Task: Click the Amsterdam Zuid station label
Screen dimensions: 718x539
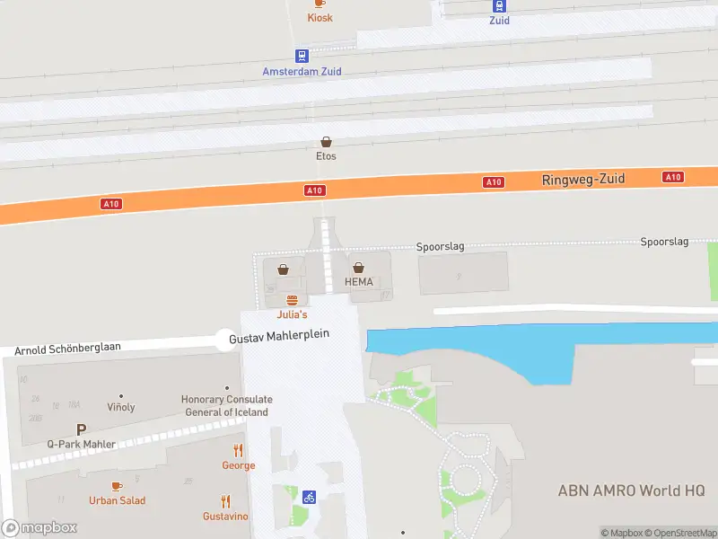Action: click(x=302, y=72)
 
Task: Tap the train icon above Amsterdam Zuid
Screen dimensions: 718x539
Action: click(x=302, y=56)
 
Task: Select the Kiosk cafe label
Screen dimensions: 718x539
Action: click(x=320, y=18)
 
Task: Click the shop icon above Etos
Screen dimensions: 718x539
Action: click(x=326, y=142)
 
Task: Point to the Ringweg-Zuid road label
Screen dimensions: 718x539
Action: click(x=582, y=180)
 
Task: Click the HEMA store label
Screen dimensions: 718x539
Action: click(x=358, y=282)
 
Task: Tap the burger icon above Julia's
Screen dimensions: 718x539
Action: click(x=291, y=300)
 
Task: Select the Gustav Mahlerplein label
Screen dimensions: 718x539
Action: click(x=279, y=335)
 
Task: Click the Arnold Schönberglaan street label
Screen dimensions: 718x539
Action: click(x=67, y=347)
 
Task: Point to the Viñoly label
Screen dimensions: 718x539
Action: click(x=121, y=407)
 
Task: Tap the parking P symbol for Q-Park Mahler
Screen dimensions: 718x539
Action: click(x=81, y=429)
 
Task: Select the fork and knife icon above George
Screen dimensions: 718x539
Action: click(x=239, y=450)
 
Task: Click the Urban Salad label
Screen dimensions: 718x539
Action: click(x=117, y=500)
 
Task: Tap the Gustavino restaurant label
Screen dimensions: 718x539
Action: click(x=225, y=517)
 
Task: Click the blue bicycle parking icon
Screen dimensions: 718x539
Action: click(x=309, y=497)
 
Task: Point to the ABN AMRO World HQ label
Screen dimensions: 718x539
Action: click(x=631, y=490)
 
